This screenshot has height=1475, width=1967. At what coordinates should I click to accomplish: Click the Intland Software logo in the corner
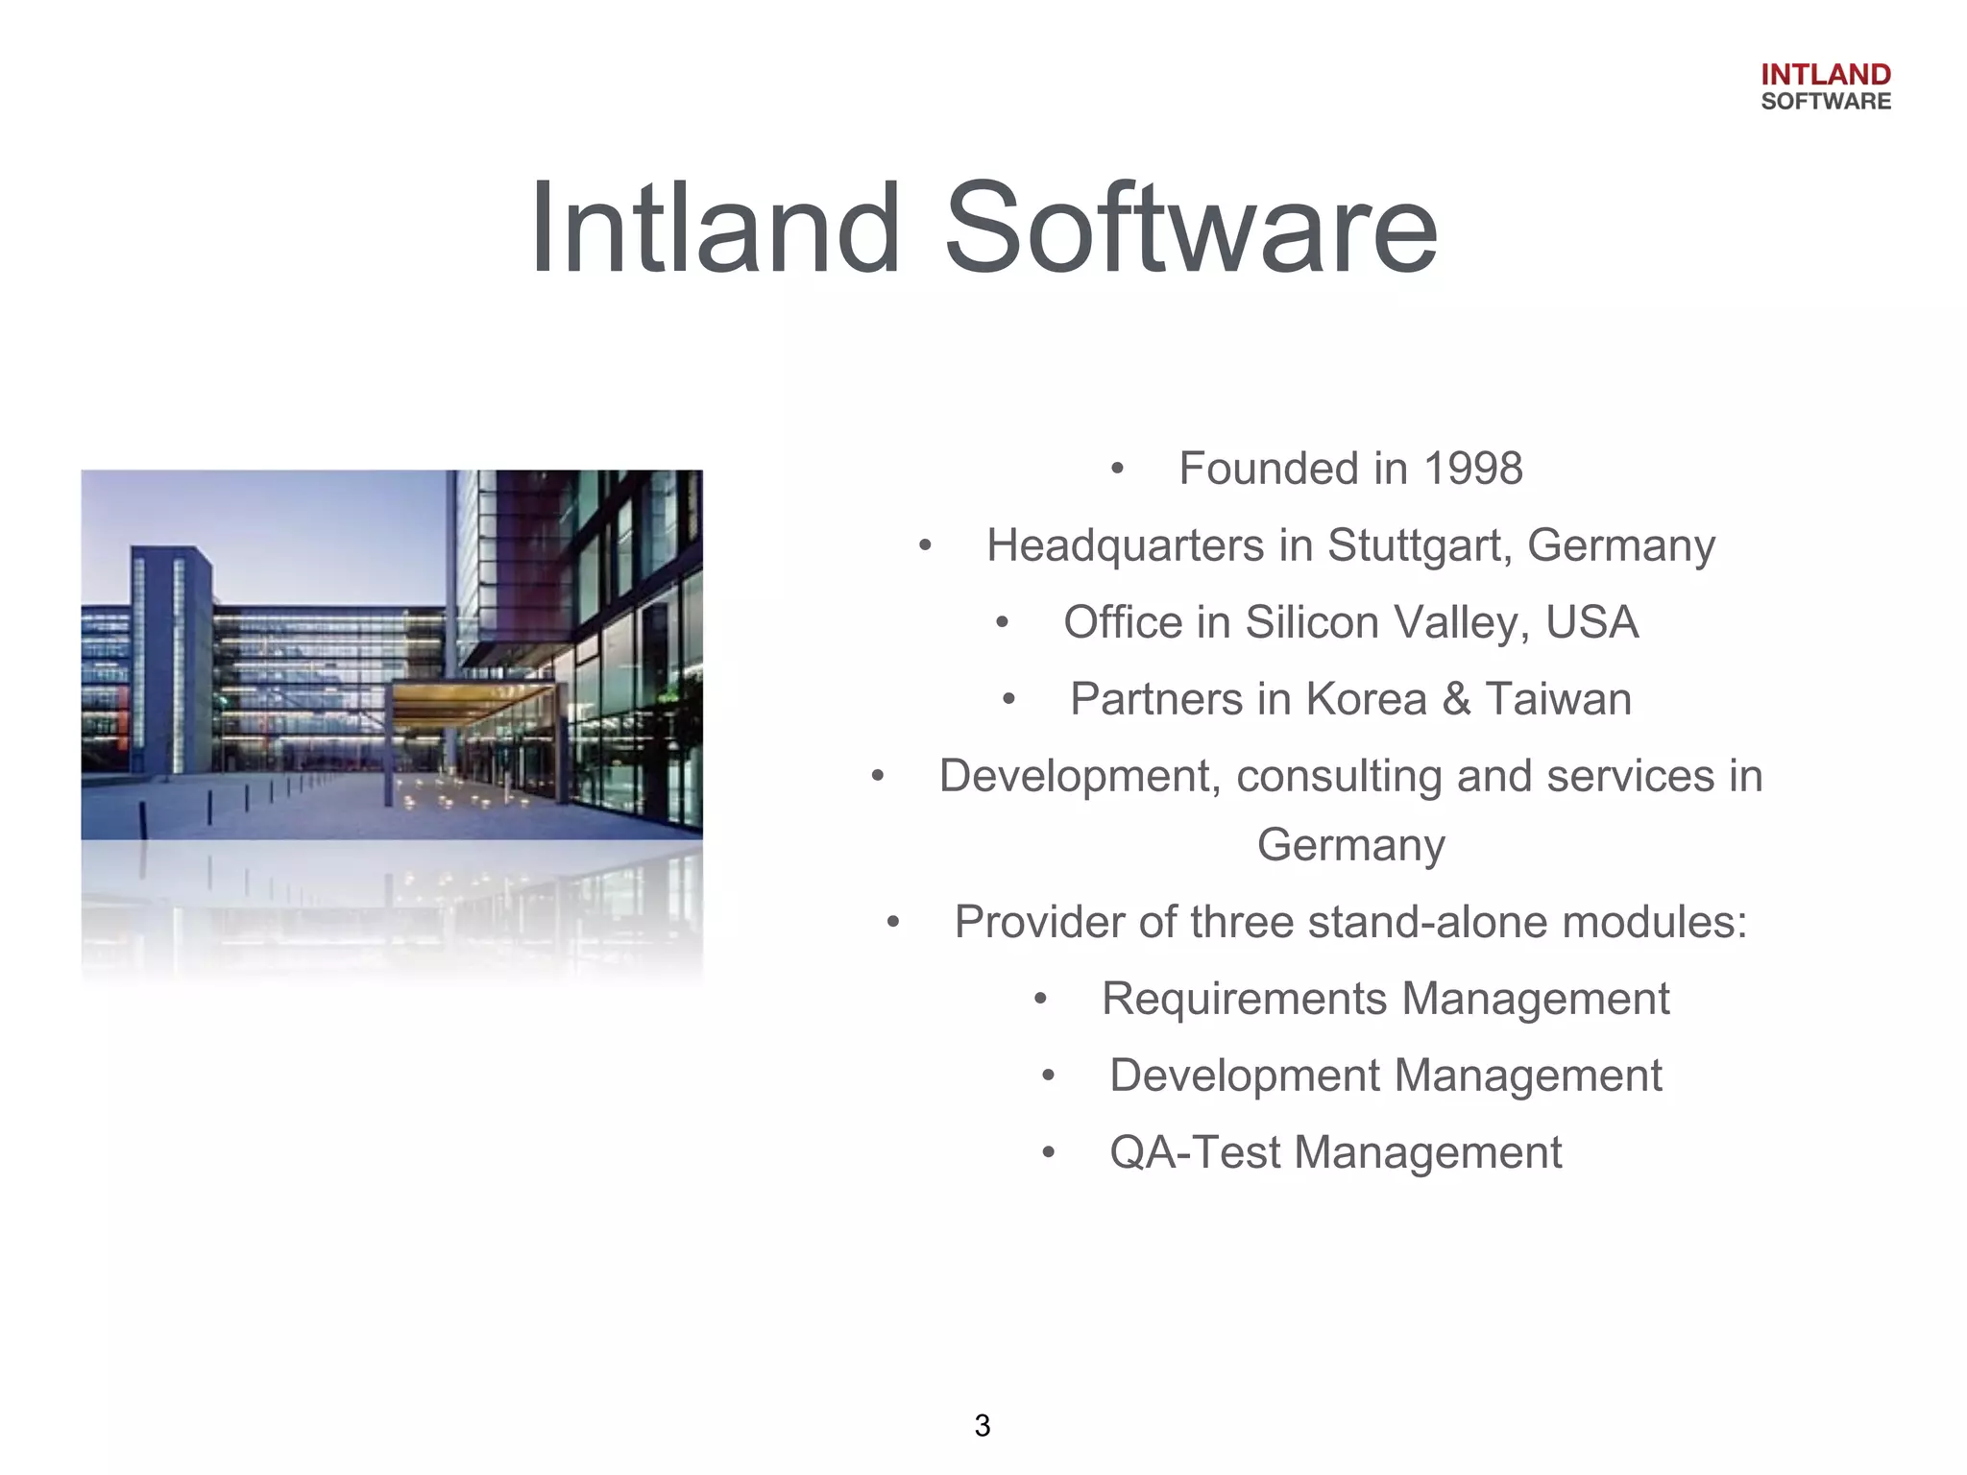coord(1825,87)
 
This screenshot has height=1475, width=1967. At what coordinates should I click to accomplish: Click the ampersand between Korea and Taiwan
coord(1456,699)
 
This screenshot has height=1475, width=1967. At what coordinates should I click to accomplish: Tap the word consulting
coord(1339,777)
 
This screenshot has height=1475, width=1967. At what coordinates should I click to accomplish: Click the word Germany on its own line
coord(1350,846)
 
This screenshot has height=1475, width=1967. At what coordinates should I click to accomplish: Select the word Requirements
coord(1244,999)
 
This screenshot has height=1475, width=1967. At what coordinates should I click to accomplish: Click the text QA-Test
coord(1194,1152)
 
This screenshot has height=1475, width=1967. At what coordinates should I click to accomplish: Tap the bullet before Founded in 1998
coord(1116,470)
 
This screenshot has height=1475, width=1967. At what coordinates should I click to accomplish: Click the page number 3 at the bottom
coord(982,1426)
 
